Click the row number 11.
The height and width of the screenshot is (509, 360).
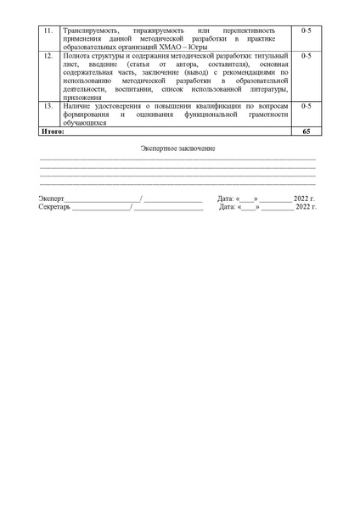tap(49, 31)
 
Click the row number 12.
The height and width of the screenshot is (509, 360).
tap(49, 55)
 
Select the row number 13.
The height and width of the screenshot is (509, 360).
tap(49, 105)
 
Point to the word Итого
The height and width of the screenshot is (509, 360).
tap(52, 131)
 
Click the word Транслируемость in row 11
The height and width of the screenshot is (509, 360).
tap(88, 31)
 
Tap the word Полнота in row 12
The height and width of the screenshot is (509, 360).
tap(77, 55)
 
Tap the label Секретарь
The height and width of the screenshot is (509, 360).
tap(55, 206)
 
